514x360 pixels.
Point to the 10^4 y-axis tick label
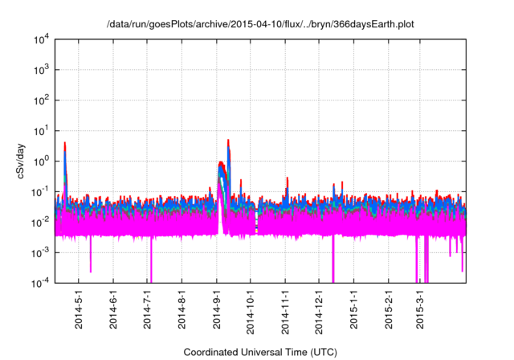pyautogui.click(x=40, y=39)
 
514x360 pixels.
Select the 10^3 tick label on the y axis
pyautogui.click(x=40, y=70)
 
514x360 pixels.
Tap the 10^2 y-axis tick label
pyautogui.click(x=40, y=100)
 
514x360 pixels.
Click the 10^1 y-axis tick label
pyautogui.click(x=40, y=131)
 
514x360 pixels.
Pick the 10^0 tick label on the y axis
pyautogui.click(x=40, y=161)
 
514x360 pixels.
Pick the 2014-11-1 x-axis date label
pyautogui.click(x=286, y=310)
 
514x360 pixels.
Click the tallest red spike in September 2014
pyautogui.click(x=228, y=141)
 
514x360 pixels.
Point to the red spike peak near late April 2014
pyautogui.click(x=65, y=144)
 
